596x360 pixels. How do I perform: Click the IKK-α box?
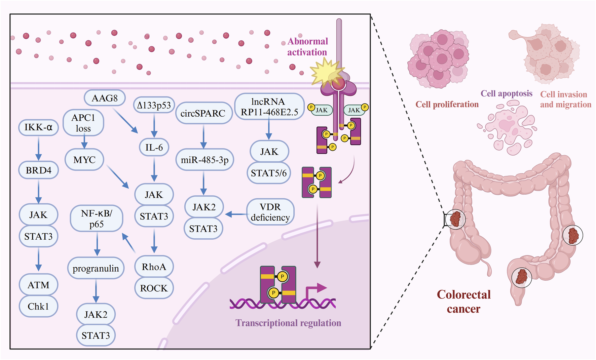point(38,127)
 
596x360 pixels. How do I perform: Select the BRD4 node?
point(38,170)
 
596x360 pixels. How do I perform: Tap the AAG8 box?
point(105,98)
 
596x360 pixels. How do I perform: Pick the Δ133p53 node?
point(154,105)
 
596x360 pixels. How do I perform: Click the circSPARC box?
point(203,113)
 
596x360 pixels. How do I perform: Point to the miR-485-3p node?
point(204,160)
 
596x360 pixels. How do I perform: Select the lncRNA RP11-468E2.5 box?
point(269,107)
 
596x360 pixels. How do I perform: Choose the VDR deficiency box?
point(270,212)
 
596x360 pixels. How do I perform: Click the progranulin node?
point(96,268)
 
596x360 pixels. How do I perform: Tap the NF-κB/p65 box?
point(97,219)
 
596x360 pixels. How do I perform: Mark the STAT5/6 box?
point(269,173)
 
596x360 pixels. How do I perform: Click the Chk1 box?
point(38,306)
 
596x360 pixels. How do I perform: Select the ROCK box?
point(154,288)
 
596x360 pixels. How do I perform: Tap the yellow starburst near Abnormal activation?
point(325,72)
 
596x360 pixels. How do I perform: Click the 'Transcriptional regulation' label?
point(288,323)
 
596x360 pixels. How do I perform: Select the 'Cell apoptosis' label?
point(506,93)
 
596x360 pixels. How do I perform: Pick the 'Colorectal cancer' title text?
point(463,302)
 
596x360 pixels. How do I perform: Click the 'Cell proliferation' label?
point(447,105)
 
